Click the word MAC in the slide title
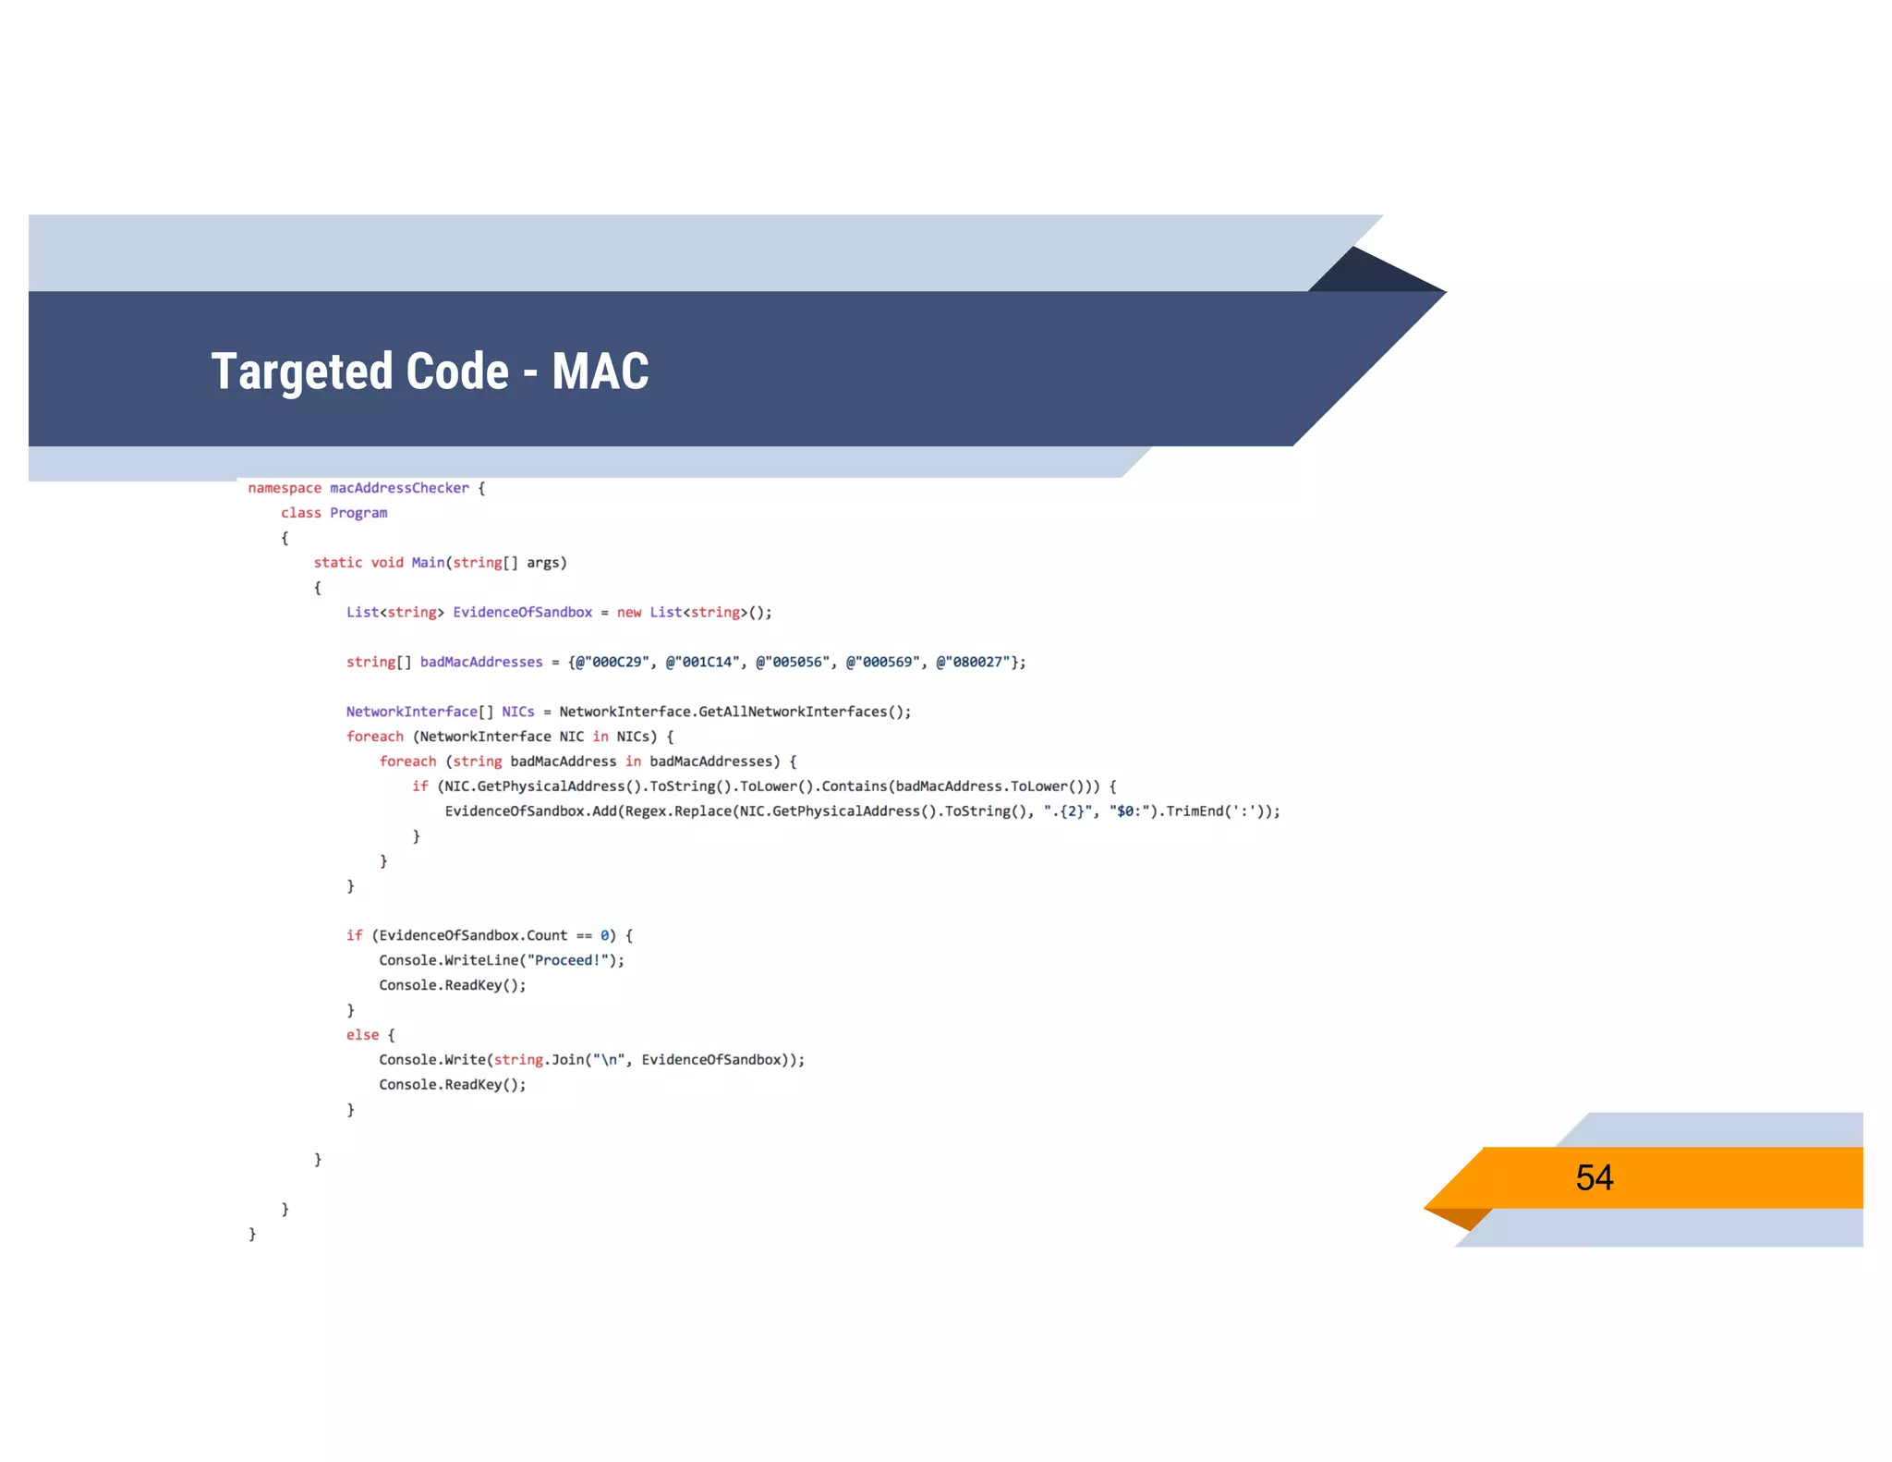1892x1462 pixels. pyautogui.click(x=600, y=372)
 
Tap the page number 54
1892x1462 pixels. pyautogui.click(x=1594, y=1177)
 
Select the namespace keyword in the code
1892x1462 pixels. pyautogui.click(x=285, y=488)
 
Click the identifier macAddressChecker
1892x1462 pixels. pyautogui.click(x=399, y=488)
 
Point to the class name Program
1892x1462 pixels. pyautogui.click(x=358, y=513)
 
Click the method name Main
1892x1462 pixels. pyautogui.click(x=428, y=563)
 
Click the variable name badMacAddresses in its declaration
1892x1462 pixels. pyautogui.click(x=481, y=662)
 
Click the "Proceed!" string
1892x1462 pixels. pyautogui.click(x=567, y=960)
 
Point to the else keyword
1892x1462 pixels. pyautogui.click(x=362, y=1035)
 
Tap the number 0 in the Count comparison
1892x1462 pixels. pyautogui.click(x=605, y=935)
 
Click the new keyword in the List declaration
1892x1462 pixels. pyautogui.click(x=629, y=613)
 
